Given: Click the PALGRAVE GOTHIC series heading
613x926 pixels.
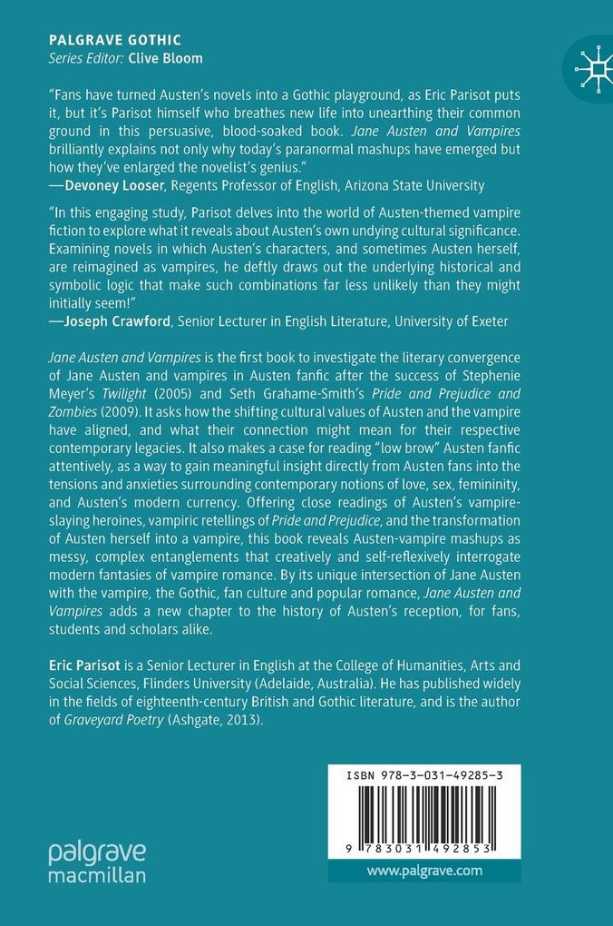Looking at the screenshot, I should (114, 40).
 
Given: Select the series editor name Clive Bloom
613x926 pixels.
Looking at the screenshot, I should (166, 58).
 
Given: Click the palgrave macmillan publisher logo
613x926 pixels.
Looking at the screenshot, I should (97, 862).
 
